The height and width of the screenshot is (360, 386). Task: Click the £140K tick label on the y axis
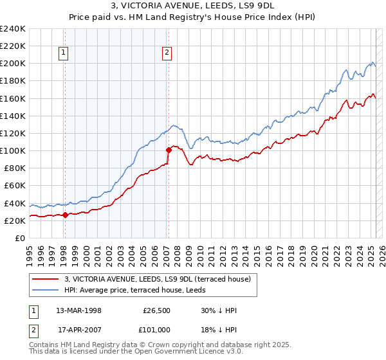12,116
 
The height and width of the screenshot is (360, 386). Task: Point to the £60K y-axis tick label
14,185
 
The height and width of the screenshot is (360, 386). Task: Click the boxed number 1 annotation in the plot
64,53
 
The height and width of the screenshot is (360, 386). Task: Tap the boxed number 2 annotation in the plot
167,53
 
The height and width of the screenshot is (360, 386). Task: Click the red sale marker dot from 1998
65,215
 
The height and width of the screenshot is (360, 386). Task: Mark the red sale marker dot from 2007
169,150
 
